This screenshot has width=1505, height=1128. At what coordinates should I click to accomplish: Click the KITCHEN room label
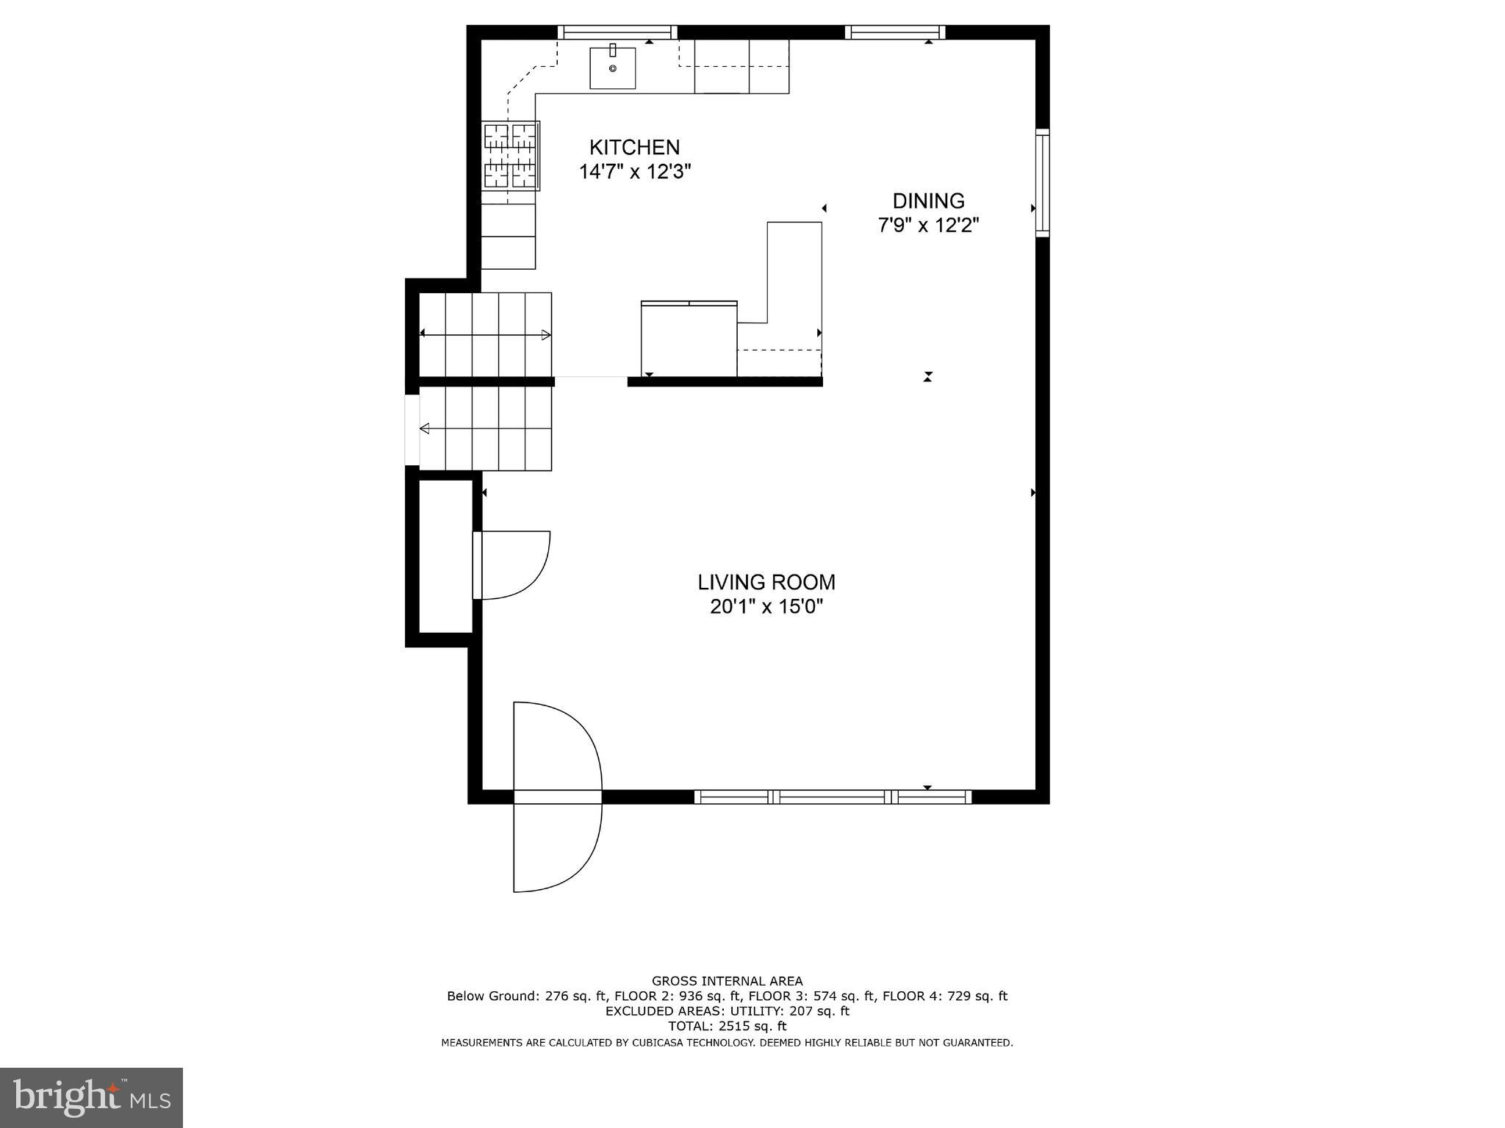tap(634, 147)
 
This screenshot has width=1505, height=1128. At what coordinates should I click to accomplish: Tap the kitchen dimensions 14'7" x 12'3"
tap(634, 172)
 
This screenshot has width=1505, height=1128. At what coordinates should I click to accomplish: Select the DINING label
tap(928, 201)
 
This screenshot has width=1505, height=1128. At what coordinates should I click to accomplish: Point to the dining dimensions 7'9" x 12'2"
tap(928, 225)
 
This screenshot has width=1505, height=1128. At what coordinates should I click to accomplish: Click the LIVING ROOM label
tap(766, 582)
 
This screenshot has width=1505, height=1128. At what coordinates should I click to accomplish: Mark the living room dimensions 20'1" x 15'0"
tap(766, 607)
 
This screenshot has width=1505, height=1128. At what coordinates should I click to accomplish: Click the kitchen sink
tap(612, 68)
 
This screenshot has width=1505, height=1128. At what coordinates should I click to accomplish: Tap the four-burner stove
tap(511, 156)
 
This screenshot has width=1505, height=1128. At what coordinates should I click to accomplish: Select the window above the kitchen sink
tap(617, 32)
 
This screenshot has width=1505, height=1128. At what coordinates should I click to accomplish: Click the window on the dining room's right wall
tap(1042, 182)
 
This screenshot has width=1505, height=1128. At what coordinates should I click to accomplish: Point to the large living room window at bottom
tap(833, 797)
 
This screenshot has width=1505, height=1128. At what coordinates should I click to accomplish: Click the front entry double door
tap(557, 797)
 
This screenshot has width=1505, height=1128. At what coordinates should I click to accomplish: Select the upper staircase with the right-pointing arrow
tap(485, 334)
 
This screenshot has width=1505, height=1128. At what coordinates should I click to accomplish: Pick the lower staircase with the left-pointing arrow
tap(485, 428)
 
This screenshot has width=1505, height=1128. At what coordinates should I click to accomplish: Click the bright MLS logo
tap(91, 1097)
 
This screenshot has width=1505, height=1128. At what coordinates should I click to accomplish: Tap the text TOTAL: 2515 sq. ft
tap(727, 1026)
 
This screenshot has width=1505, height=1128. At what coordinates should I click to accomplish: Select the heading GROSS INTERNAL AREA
tap(727, 980)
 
